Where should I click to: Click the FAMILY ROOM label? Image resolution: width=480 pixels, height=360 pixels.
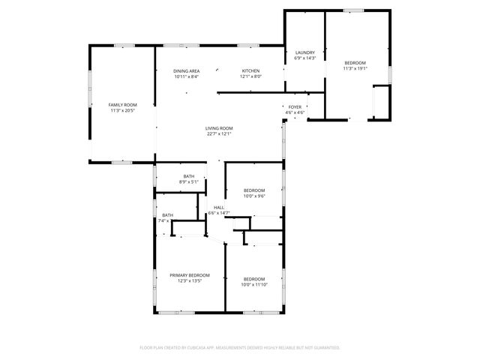[123, 105]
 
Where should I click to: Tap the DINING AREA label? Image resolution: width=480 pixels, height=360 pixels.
[186, 70]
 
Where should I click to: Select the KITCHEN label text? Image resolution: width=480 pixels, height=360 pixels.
[250, 70]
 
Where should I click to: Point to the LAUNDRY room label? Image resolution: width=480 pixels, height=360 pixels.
[304, 52]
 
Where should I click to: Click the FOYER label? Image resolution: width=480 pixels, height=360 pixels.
[295, 107]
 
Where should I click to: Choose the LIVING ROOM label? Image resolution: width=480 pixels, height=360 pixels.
[219, 128]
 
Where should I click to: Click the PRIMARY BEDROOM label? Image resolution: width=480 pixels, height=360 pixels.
[189, 275]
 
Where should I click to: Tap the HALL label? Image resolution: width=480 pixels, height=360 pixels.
[219, 207]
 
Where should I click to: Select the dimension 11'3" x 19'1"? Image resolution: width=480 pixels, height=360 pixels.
[355, 68]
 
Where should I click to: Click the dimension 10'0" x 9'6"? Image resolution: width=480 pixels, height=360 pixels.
[254, 196]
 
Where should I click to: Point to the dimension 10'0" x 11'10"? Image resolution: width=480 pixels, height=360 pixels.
[253, 284]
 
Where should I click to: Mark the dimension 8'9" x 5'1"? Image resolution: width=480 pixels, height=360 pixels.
[189, 182]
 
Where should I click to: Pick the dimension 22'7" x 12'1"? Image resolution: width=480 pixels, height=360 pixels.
[219, 134]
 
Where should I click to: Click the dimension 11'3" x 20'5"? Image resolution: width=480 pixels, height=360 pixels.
[123, 111]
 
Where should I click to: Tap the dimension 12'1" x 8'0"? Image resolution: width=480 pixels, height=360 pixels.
[250, 76]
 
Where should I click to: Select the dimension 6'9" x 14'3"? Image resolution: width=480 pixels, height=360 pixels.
[304, 58]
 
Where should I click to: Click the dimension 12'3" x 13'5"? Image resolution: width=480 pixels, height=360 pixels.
[189, 281]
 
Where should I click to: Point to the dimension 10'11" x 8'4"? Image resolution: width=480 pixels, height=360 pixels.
[186, 76]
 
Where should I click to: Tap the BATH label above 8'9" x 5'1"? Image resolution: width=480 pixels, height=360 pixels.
[189, 176]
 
